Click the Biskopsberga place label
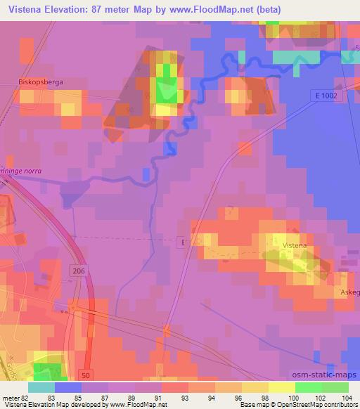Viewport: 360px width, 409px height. (x=41, y=82)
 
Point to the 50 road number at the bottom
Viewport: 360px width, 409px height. (x=85, y=377)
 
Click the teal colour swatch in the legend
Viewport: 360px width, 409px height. (x=41, y=387)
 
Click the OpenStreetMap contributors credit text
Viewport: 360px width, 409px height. (x=323, y=405)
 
